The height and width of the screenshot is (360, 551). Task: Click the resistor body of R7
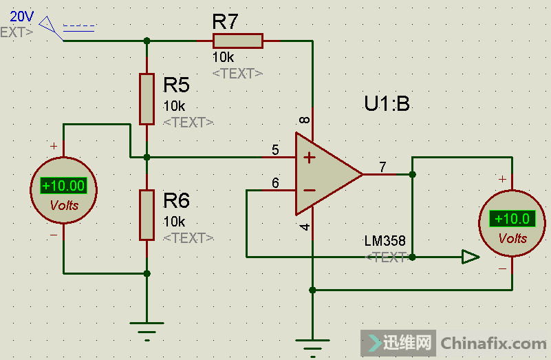[237, 41]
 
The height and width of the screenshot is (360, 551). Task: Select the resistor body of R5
[147, 98]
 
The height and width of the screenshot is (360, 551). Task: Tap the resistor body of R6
[147, 215]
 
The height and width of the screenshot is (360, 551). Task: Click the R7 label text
[225, 21]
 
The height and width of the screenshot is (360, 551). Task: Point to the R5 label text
[176, 85]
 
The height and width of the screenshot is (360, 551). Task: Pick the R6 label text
[176, 201]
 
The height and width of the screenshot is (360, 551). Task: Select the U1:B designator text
[387, 104]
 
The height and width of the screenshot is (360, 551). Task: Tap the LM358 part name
[385, 241]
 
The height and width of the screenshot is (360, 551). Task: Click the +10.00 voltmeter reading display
[63, 185]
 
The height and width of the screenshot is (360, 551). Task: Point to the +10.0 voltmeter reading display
[512, 219]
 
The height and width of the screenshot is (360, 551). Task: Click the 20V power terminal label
[22, 16]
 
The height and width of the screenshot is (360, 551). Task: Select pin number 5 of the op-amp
[275, 149]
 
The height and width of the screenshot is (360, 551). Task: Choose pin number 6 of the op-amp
[275, 182]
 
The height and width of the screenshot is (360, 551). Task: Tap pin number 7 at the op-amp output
[382, 167]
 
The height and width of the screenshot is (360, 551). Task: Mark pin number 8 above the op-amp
[304, 120]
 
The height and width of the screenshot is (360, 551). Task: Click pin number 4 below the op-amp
[305, 227]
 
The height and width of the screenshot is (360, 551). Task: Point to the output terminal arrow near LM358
[470, 257]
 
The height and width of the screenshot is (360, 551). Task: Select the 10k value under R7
[224, 57]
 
